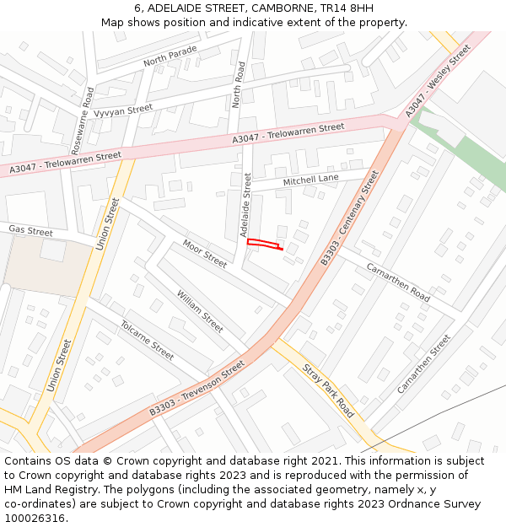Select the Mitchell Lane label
pos(310,180)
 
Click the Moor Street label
pos(205,254)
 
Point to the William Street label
pos(200,311)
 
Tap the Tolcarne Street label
pos(147,340)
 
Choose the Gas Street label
pos(30,230)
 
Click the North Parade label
pos(170,56)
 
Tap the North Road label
pos(238,84)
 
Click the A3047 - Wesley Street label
pos(437,82)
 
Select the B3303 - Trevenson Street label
pos(196,388)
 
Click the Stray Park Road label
pos(328,391)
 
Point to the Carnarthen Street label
pos(424,363)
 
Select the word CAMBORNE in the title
pos(262,8)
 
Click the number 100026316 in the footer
pos(35,518)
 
